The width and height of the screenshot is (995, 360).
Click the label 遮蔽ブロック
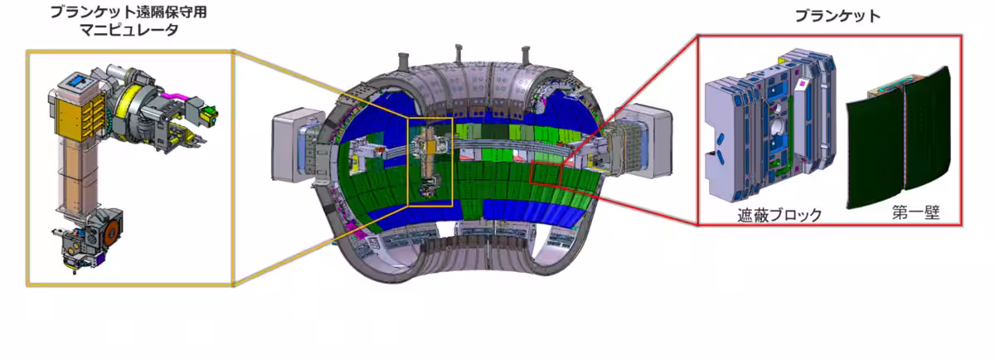(779, 215)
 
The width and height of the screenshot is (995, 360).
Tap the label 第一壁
(916, 212)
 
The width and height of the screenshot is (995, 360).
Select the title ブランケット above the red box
(837, 16)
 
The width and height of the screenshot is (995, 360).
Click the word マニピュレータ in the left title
(129, 30)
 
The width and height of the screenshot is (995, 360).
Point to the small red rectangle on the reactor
(546, 173)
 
